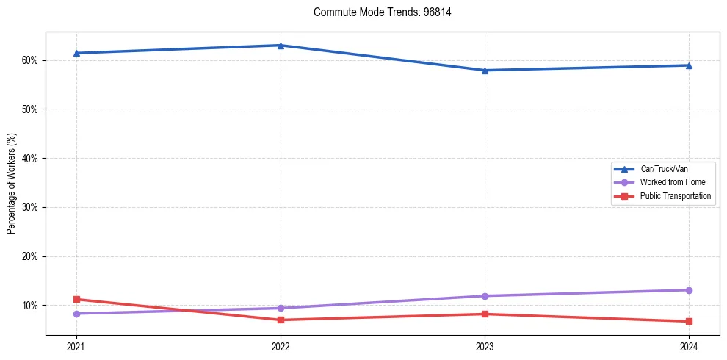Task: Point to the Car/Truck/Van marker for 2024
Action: click(x=689, y=65)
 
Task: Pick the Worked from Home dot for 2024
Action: click(x=689, y=290)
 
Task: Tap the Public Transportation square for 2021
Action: click(x=76, y=299)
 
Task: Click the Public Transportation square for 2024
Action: click(x=689, y=321)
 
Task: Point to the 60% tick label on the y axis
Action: click(x=31, y=60)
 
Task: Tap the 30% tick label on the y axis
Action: click(x=31, y=207)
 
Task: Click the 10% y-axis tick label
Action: click(x=31, y=306)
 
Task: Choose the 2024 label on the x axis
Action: click(x=689, y=345)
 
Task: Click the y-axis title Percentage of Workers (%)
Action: click(x=12, y=184)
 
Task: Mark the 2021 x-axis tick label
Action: click(x=76, y=345)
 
